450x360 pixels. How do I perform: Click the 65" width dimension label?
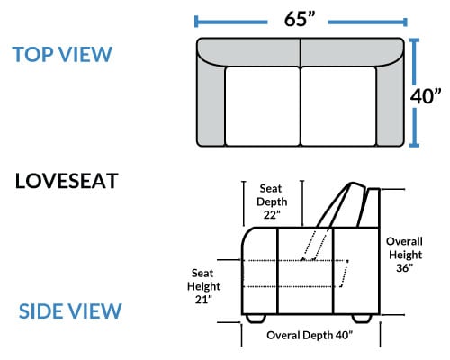click(x=300, y=19)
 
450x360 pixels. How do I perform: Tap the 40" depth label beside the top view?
click(x=426, y=96)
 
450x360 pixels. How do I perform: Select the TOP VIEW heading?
click(x=62, y=54)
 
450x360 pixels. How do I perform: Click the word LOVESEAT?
click(x=67, y=181)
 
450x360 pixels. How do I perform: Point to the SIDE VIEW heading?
click(x=70, y=310)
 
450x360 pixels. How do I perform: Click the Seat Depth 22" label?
click(x=272, y=202)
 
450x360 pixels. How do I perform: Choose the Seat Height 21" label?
click(x=203, y=286)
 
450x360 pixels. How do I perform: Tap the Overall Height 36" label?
click(x=404, y=255)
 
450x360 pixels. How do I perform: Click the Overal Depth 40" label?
click(x=310, y=335)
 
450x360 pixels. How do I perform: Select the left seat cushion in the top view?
click(x=263, y=106)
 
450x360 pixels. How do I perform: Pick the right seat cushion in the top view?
click(x=338, y=106)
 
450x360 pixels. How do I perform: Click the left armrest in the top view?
click(x=211, y=102)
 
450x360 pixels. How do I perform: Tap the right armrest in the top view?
click(x=391, y=102)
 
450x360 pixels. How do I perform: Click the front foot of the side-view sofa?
click(x=256, y=319)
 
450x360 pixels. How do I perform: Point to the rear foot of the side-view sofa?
click(x=362, y=319)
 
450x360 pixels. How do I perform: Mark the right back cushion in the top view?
click(x=351, y=51)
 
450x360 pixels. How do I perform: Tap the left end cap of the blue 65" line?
click(x=196, y=22)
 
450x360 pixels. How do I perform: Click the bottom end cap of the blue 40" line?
click(x=414, y=146)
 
